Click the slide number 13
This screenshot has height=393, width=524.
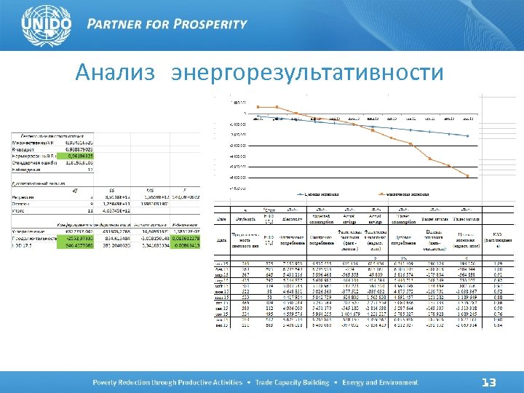pyautogui.click(x=489, y=383)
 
